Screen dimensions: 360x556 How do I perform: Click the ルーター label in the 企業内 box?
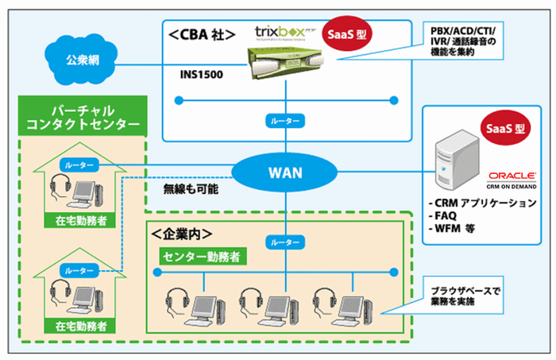(x=286, y=241)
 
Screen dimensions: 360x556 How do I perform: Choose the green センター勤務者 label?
(x=202, y=256)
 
